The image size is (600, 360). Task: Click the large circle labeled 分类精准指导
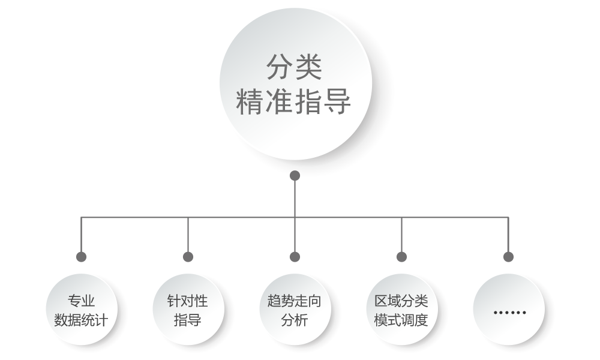[x=294, y=84]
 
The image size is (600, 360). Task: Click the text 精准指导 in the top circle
[x=294, y=102]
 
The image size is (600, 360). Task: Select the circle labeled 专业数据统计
[x=81, y=310]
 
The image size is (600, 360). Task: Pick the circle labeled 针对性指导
[x=188, y=310]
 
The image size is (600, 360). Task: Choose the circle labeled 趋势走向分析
[x=295, y=310]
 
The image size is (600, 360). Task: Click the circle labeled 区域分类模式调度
[x=401, y=310]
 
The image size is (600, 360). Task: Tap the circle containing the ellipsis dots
[x=508, y=310]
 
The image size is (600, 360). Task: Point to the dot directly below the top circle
[x=295, y=176]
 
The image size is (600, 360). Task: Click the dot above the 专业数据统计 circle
[x=81, y=257]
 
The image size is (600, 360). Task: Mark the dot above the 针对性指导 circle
[x=188, y=257]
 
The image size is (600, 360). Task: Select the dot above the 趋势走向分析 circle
[x=295, y=257]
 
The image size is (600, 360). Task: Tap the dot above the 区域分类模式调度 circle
[x=401, y=257]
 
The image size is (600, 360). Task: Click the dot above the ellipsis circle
[x=508, y=257]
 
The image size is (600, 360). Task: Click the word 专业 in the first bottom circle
[x=81, y=301]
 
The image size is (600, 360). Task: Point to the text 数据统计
[x=81, y=320]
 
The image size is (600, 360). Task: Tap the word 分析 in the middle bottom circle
[x=295, y=320]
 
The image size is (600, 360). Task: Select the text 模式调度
[x=401, y=320]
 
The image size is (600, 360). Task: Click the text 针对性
[x=188, y=301]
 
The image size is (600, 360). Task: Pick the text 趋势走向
[x=295, y=301]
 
